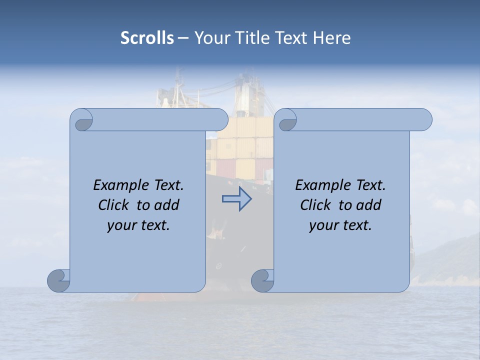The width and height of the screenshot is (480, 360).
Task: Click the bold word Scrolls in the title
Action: (147, 38)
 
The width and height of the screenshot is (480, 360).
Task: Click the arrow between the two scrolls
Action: (237, 199)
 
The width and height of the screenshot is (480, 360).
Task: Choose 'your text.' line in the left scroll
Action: (138, 225)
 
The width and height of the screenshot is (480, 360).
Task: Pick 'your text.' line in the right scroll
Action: (340, 225)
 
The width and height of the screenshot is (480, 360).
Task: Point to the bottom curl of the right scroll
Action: (262, 280)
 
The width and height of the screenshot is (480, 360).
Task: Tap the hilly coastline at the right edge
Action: (447, 260)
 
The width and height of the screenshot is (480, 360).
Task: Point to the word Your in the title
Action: (211, 38)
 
